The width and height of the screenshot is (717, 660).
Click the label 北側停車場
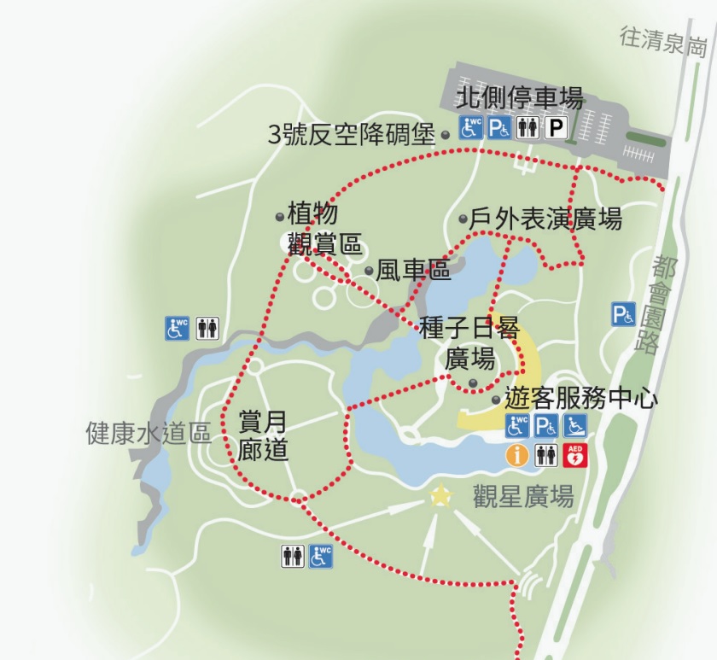pos(521,98)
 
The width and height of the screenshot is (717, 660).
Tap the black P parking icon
pos(557,128)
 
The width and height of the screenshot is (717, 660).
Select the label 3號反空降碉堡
pos(352,135)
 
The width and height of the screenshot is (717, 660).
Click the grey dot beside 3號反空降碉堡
pos(445,135)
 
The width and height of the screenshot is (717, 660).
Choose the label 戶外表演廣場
pos(545,219)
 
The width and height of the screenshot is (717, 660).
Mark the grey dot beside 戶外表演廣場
pos(463,219)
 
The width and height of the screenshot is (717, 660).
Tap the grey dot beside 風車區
pos(369,271)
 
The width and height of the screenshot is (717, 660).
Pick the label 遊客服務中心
pos(581,399)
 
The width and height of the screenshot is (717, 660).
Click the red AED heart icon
pos(576,455)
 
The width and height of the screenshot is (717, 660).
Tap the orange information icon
pos(516,455)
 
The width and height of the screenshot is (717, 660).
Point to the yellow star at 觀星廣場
pos(440,495)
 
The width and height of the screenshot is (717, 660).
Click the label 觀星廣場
pos(523,496)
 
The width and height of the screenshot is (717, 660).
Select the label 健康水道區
pos(149,433)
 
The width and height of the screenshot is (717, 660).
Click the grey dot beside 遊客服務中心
pos(496,399)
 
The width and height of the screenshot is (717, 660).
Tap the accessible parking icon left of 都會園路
pos(623,315)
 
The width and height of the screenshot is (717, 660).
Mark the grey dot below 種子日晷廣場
pos(471,382)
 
